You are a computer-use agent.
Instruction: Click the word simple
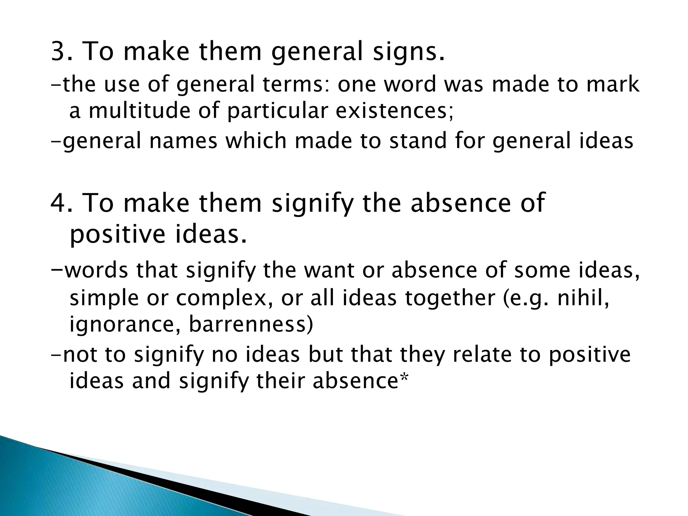click(x=104, y=299)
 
